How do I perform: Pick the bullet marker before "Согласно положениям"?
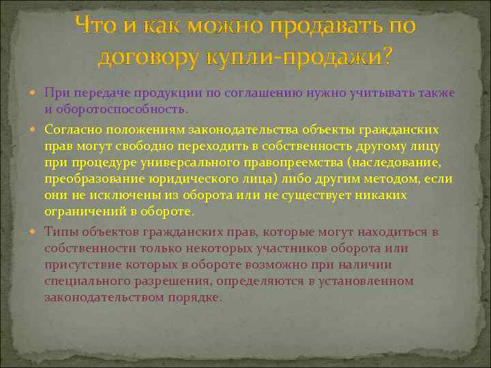pyautogui.click(x=35, y=129)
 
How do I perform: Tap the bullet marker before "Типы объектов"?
pyautogui.click(x=35, y=232)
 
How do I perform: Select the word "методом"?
pyautogui.click(x=396, y=179)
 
